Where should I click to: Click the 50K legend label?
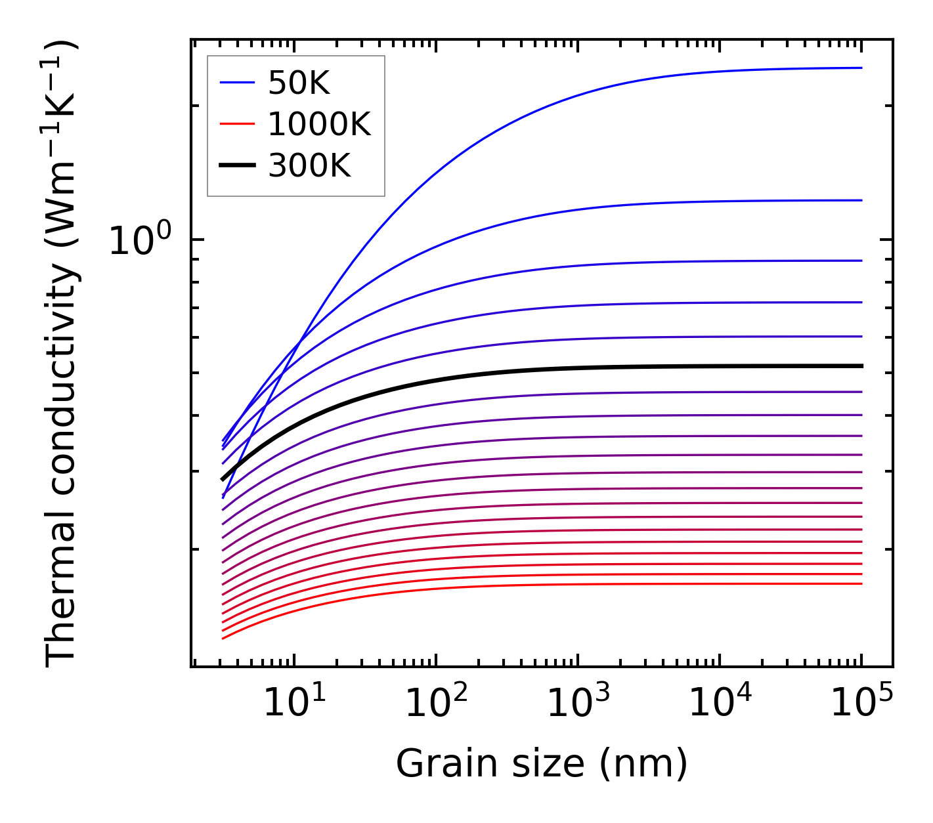[299, 83]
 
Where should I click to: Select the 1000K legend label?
[319, 124]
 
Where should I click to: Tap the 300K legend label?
[309, 166]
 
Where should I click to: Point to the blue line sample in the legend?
[236, 83]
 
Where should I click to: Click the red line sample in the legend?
[236, 123]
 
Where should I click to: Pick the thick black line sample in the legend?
[236, 165]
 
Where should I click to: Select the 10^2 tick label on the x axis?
[436, 704]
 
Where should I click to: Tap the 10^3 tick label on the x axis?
[578, 704]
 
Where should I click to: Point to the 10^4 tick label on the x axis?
[720, 704]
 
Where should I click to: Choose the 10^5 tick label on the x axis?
[861, 704]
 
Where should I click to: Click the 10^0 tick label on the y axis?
[140, 241]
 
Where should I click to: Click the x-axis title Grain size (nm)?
[542, 764]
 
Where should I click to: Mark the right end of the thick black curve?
[861, 366]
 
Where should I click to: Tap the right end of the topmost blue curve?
[861, 68]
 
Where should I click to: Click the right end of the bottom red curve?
[861, 583]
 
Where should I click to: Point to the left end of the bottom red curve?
[223, 638]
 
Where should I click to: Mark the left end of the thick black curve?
[223, 480]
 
